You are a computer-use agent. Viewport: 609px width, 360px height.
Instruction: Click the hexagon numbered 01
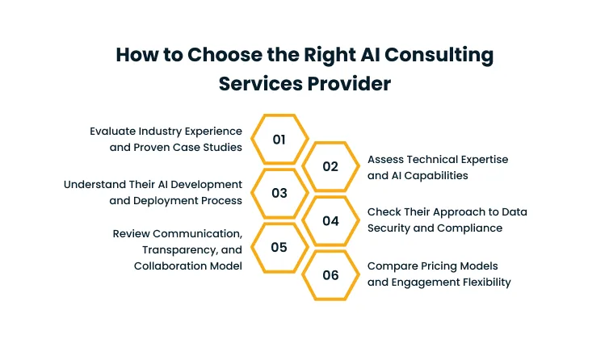(x=279, y=139)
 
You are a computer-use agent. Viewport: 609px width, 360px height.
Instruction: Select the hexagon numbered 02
(x=330, y=166)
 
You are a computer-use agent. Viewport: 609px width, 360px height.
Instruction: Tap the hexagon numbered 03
(x=279, y=193)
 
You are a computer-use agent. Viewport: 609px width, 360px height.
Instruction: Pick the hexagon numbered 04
(x=330, y=220)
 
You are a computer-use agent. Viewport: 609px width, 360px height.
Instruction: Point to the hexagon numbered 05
(x=279, y=247)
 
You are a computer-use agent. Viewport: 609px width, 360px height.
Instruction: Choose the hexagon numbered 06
(x=330, y=274)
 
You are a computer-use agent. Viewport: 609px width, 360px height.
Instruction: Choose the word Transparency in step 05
(x=177, y=250)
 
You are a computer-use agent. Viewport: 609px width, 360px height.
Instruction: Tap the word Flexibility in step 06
(x=479, y=282)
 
